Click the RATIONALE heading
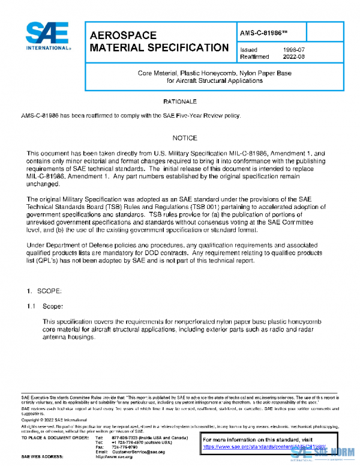[180, 102]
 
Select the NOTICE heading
[180, 138]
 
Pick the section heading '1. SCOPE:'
[44, 291]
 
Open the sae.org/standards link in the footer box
[264, 447]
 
